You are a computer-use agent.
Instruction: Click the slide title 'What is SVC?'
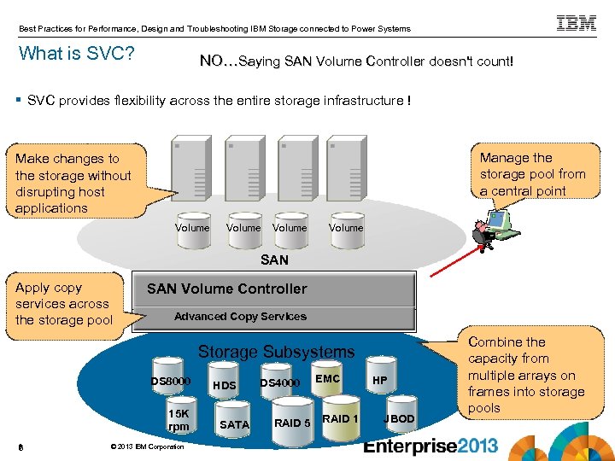(76, 54)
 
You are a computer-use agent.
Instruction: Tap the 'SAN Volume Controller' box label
(226, 289)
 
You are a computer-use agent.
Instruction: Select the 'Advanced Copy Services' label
(240, 316)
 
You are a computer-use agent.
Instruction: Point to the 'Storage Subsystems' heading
(275, 352)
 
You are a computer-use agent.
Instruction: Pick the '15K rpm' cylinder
(179, 417)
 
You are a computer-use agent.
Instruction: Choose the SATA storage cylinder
(235, 423)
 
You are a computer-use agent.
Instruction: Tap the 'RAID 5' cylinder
(291, 422)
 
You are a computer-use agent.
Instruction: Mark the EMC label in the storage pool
(328, 378)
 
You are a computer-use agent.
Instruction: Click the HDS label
(224, 386)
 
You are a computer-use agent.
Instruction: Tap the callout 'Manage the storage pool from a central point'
(533, 174)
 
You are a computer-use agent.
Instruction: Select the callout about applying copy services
(63, 304)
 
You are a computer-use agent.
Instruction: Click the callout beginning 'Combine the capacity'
(525, 375)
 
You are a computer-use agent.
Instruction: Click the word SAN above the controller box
(274, 260)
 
